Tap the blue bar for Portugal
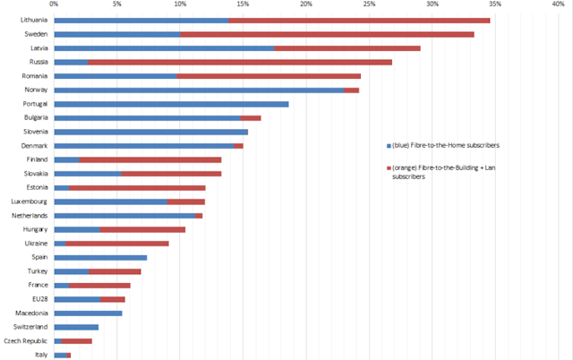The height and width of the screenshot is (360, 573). [x=171, y=104]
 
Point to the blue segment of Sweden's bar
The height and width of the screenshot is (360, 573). [x=117, y=34]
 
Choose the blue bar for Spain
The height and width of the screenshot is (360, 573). [x=100, y=257]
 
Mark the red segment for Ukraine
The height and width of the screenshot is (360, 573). [x=117, y=243]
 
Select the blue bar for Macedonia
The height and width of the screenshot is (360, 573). [x=88, y=313]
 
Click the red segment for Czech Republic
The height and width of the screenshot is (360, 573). [x=77, y=340]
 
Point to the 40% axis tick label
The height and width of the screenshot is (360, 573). [x=559, y=4]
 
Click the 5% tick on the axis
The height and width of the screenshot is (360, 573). [x=117, y=4]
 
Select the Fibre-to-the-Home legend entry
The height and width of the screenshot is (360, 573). [x=443, y=144]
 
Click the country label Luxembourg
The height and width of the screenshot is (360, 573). [x=30, y=201]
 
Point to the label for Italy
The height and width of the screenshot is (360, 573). [x=40, y=355]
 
